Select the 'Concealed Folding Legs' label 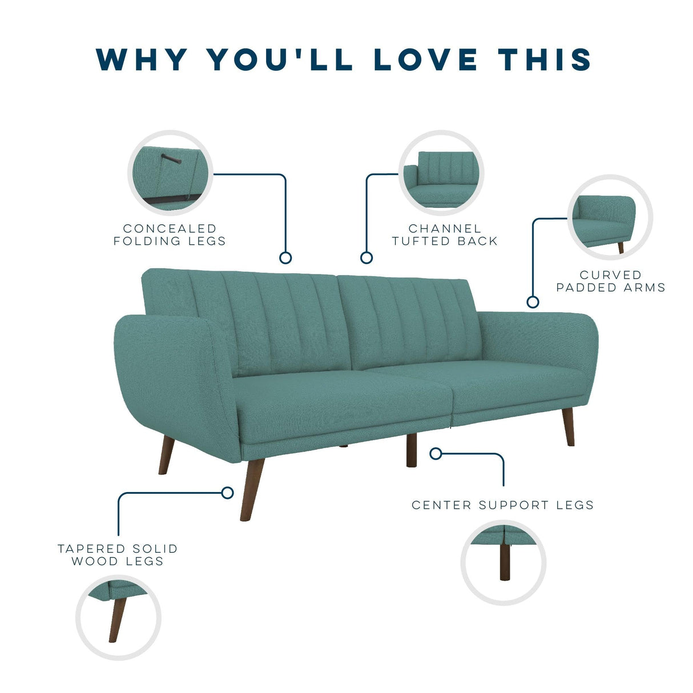coord(170,235)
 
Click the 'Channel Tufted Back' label coord(445,235)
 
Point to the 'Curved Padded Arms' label coord(611,281)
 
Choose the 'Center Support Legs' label coord(502,505)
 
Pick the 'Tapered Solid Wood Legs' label coord(118,555)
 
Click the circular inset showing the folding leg coord(170,173)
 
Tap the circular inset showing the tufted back coord(441,173)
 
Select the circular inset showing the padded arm coord(610,217)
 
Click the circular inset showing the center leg coord(503,562)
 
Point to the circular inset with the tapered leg coord(118,618)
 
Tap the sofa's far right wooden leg coord(568,428)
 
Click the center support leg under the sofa coord(411,450)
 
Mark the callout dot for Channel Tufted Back coord(366,257)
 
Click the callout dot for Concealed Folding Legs coord(285,257)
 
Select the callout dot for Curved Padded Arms coord(533,302)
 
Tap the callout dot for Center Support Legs coord(436,454)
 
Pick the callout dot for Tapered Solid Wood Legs coord(227,493)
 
